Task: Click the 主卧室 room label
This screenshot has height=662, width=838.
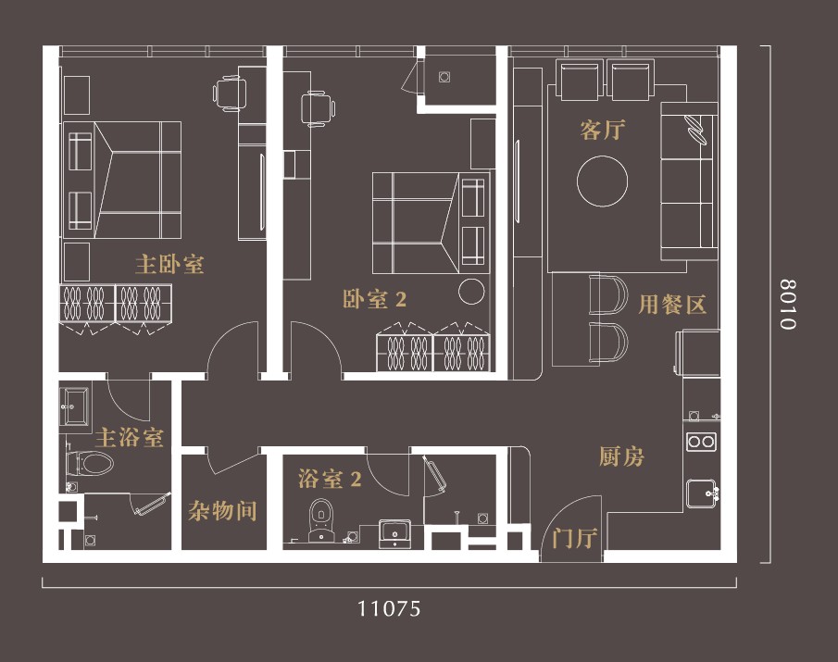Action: point(169,265)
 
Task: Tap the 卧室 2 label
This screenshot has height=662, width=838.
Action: point(374,299)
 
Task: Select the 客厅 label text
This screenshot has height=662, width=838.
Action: point(602,130)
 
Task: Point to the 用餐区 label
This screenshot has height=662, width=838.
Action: point(672,305)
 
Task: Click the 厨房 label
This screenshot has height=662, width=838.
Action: point(621,456)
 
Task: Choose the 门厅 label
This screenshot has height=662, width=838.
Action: point(574,538)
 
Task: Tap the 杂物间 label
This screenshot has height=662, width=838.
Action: point(222,511)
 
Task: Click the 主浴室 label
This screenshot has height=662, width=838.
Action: point(130,438)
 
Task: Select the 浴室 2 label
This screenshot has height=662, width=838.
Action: point(330,479)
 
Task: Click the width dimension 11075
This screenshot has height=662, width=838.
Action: point(389,608)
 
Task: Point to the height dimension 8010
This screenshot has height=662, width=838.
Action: point(787,304)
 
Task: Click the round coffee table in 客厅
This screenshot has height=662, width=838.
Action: point(602,181)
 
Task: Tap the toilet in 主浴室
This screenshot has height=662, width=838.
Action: point(89,463)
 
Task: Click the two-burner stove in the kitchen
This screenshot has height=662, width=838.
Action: point(702,442)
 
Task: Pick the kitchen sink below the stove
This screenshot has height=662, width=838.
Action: point(702,493)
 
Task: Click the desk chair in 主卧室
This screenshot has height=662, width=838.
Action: point(231,94)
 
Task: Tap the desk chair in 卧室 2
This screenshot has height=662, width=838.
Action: point(318,109)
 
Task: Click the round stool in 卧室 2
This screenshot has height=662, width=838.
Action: point(471,292)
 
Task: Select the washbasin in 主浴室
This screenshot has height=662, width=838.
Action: point(75,406)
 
